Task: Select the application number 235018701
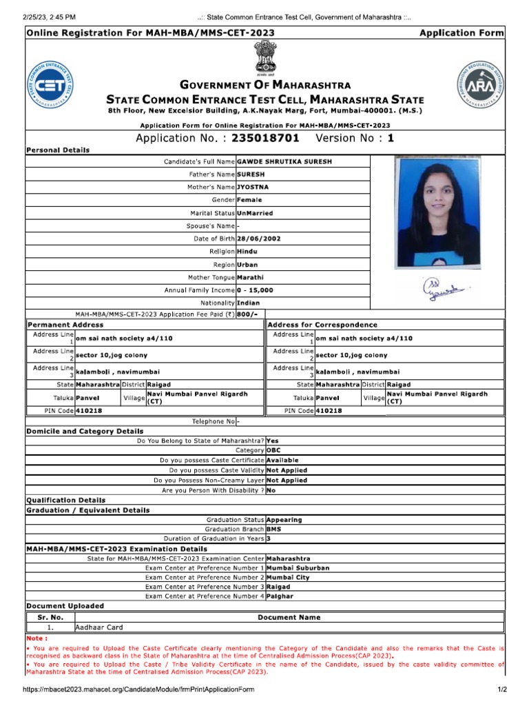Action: (265, 138)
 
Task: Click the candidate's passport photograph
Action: (428, 213)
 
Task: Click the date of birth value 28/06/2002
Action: (258, 239)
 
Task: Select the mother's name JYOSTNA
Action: (253, 187)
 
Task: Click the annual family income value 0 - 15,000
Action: (255, 290)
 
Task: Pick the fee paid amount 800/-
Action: (247, 314)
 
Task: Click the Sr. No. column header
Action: (50, 617)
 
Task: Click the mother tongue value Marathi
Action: (253, 278)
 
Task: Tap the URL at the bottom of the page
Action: (138, 689)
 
